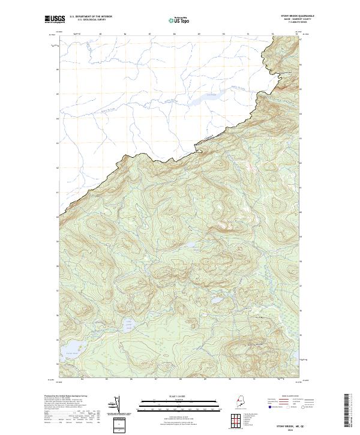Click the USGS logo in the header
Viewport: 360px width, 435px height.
coord(53,19)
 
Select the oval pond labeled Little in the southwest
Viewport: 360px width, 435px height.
coord(128,326)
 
